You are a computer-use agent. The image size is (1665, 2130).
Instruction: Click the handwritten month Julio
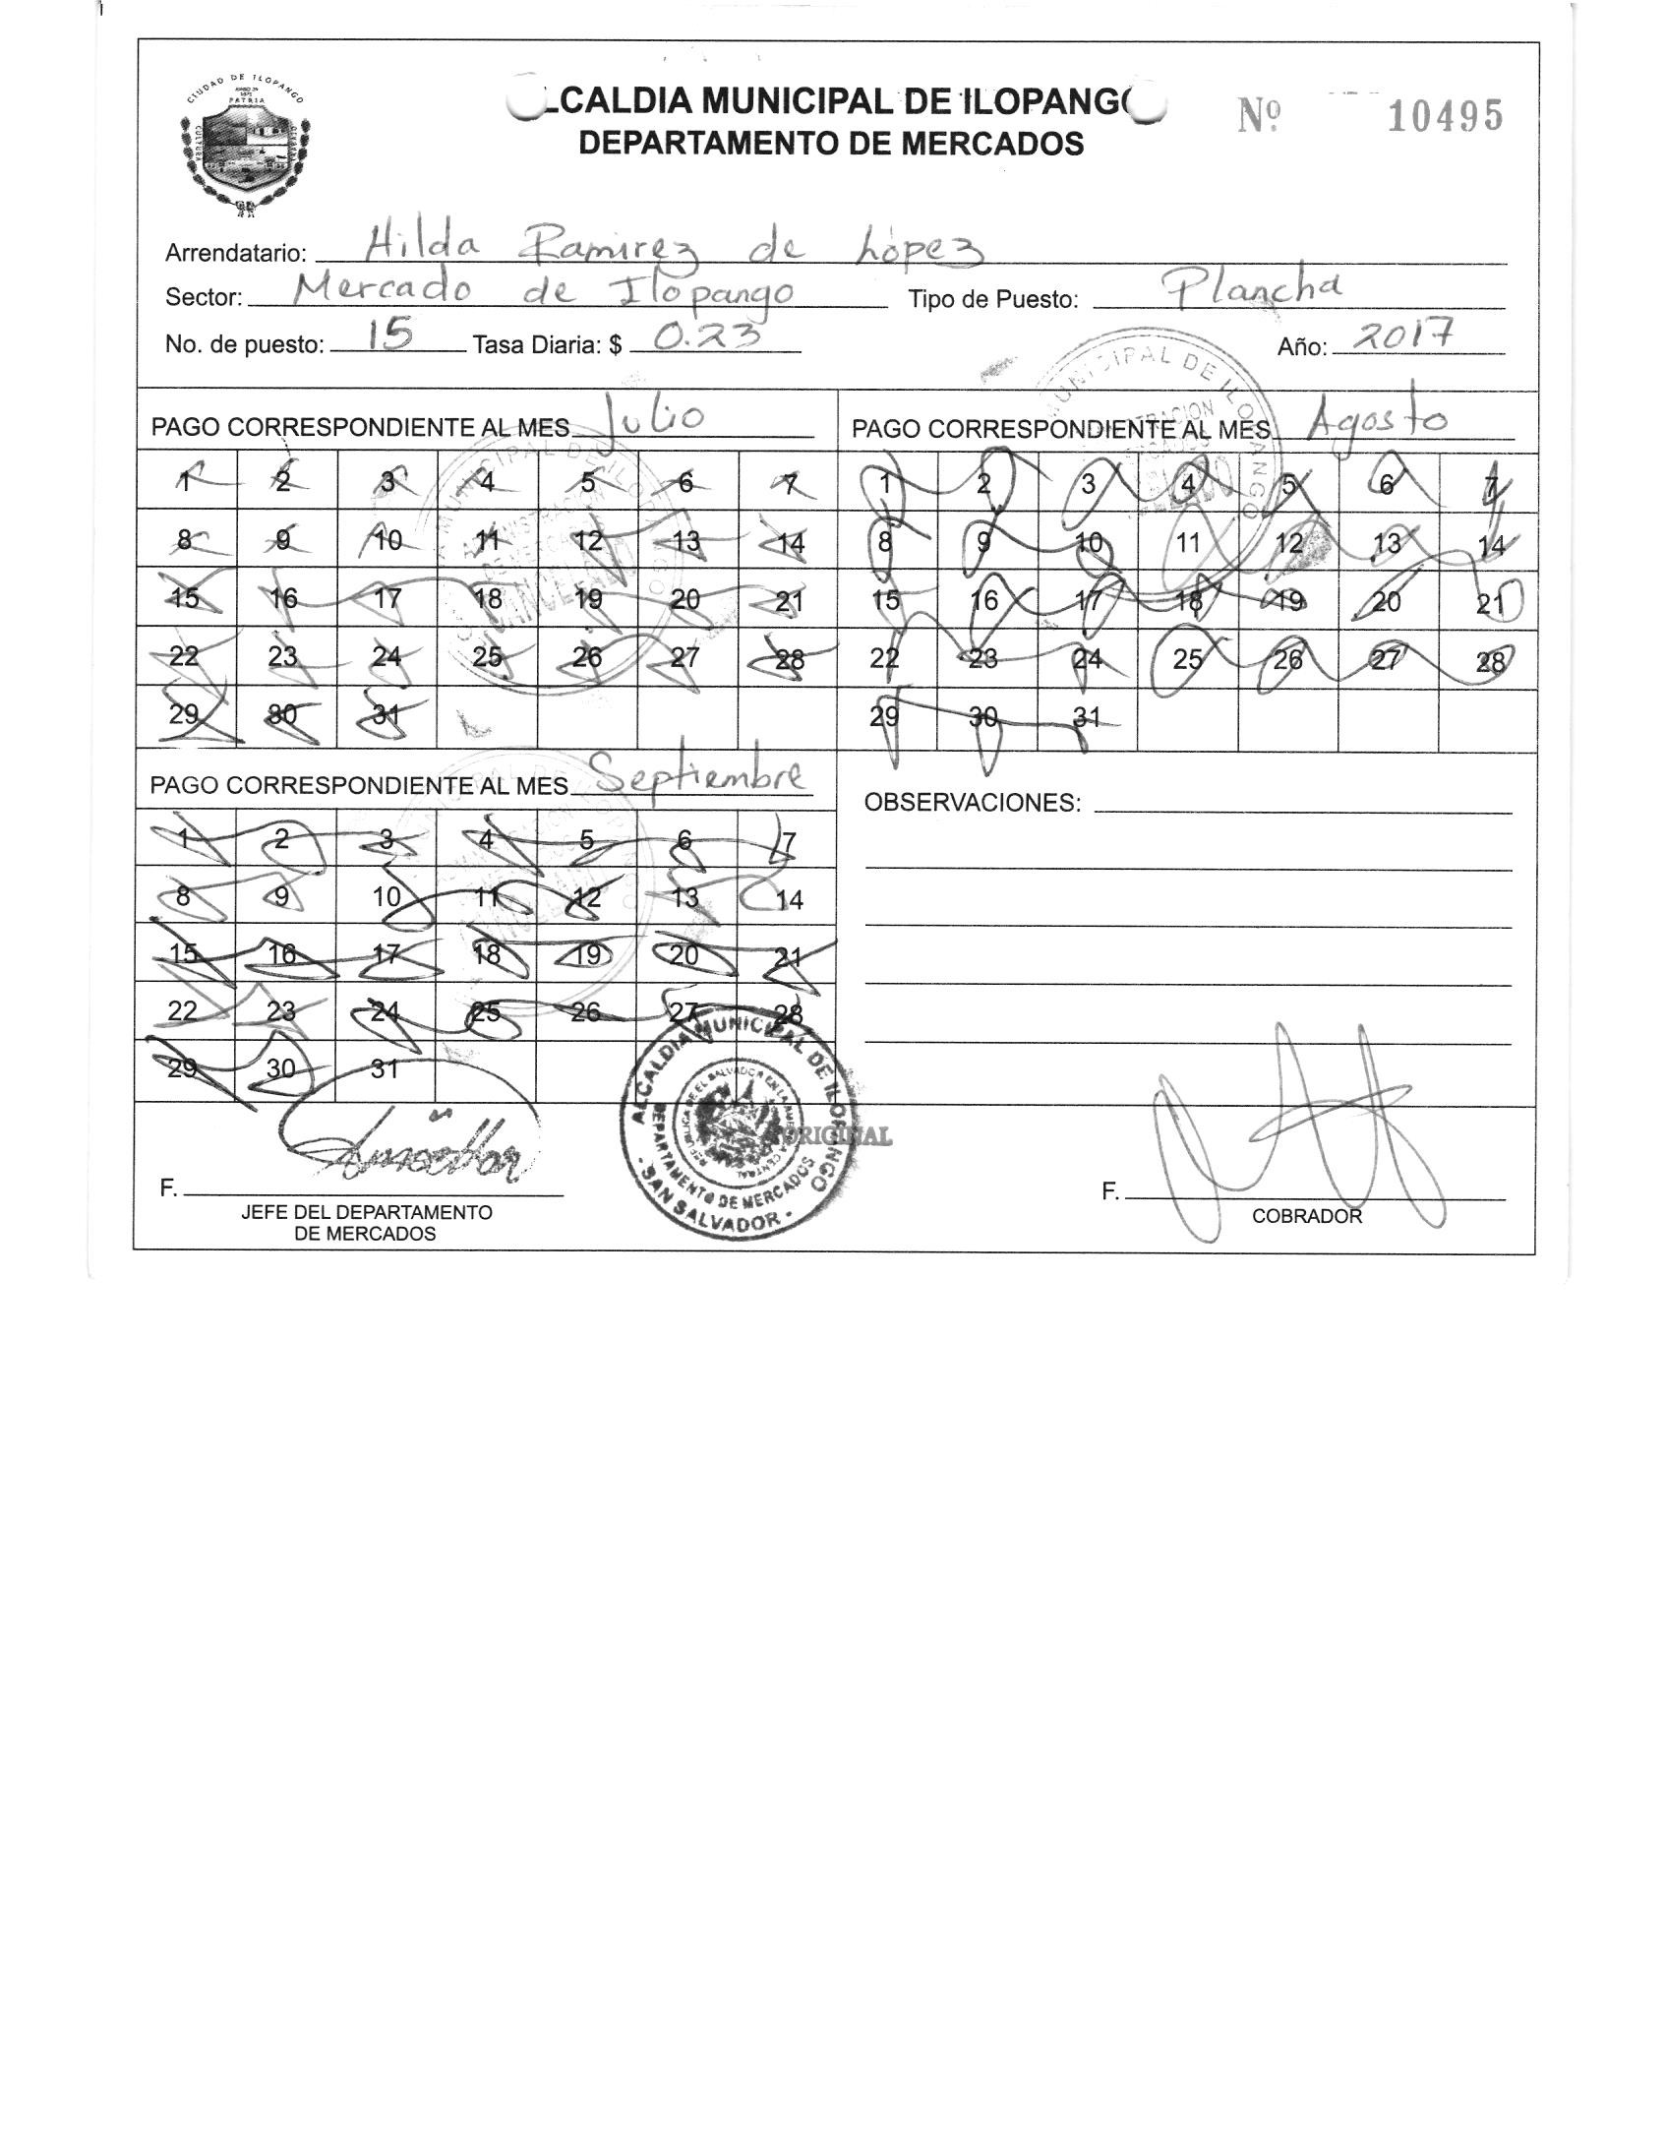coord(655,420)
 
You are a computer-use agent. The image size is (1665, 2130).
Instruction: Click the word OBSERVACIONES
coord(972,803)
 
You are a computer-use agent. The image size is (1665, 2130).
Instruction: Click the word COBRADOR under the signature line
coord(1307,1216)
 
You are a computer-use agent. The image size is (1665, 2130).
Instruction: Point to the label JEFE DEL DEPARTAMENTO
coord(366,1213)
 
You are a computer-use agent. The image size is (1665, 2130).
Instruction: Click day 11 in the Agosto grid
coord(1188,542)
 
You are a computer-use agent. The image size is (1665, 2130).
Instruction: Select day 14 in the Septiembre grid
coord(789,899)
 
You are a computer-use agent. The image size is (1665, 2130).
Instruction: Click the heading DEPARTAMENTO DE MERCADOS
coord(831,144)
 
